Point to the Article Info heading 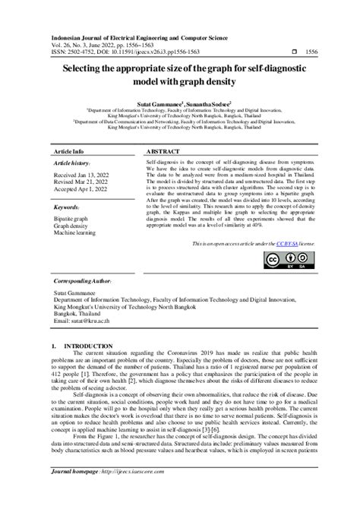[68, 151]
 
